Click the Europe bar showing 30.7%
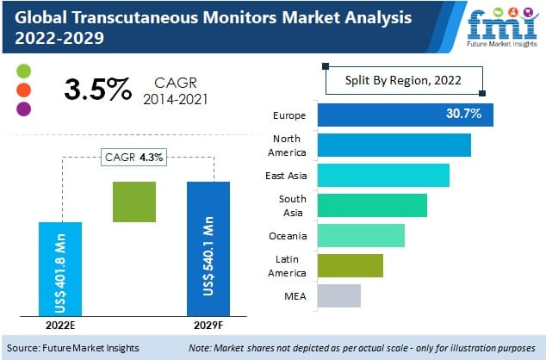pyautogui.click(x=405, y=114)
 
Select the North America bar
pyautogui.click(x=394, y=145)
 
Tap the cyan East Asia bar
pyautogui.click(x=383, y=175)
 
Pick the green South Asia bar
pyautogui.click(x=372, y=205)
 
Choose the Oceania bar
pyautogui.click(x=361, y=235)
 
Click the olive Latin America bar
pyautogui.click(x=350, y=265)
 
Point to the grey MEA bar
pyautogui.click(x=338, y=295)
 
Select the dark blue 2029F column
pyautogui.click(x=208, y=248)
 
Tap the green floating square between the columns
pyautogui.click(x=133, y=202)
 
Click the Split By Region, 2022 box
pyautogui.click(x=403, y=80)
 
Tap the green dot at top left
pyautogui.click(x=23, y=69)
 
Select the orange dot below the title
pyautogui.click(x=23, y=89)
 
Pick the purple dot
pyautogui.click(x=23, y=109)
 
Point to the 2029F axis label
pyautogui.click(x=208, y=326)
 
